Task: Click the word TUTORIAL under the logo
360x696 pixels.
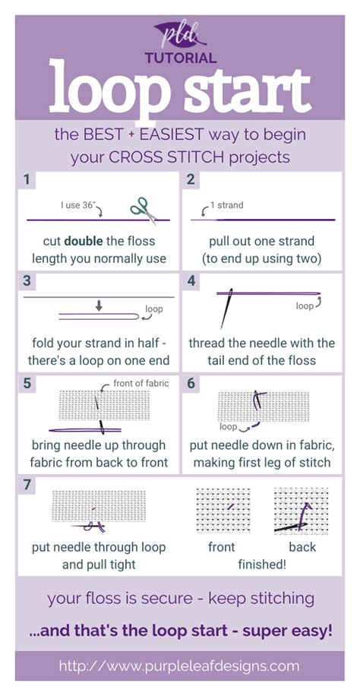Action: click(180, 58)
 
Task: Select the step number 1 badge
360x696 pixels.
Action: click(27, 180)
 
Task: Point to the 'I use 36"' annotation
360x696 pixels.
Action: click(79, 204)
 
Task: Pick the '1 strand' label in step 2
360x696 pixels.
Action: click(226, 205)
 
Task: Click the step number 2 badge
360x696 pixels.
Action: click(191, 180)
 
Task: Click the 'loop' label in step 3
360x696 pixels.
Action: click(153, 309)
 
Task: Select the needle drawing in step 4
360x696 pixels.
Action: click(226, 308)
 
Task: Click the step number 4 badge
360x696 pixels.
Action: click(191, 281)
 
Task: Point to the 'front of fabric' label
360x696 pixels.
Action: click(141, 383)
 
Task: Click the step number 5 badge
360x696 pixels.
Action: click(27, 383)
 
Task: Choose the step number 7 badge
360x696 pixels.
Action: click(27, 484)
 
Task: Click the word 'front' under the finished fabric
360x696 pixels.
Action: click(222, 547)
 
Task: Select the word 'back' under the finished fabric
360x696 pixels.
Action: click(302, 547)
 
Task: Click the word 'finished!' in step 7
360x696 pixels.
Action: click(262, 565)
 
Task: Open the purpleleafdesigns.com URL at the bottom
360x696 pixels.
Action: click(180, 666)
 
